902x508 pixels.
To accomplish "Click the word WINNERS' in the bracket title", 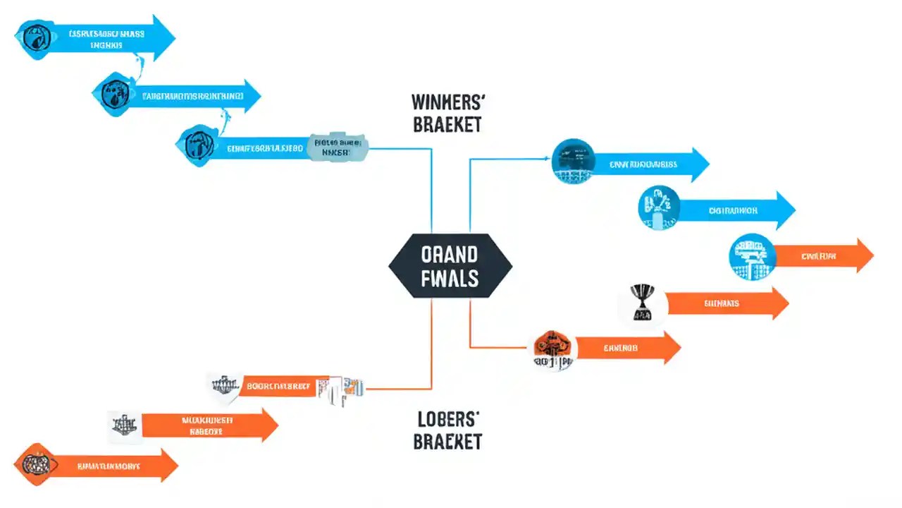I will (447, 102).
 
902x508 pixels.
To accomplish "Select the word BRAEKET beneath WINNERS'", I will (447, 125).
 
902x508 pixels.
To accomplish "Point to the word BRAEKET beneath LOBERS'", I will (447, 442).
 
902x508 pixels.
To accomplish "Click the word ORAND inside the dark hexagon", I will (450, 254).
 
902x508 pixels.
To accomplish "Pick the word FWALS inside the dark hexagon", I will (450, 278).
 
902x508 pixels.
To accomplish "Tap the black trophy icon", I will (641, 303).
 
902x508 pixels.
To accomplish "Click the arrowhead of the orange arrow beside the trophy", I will (778, 303).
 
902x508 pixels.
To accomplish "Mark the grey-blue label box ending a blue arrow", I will (339, 146).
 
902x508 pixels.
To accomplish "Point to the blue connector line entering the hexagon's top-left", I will (431, 190).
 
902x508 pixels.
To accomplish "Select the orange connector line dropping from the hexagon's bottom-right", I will (470, 325).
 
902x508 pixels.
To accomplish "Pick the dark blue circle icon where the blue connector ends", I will (573, 162).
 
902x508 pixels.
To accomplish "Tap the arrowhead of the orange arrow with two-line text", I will (268, 425).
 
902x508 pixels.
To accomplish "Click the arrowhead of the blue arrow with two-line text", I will (164, 37).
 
